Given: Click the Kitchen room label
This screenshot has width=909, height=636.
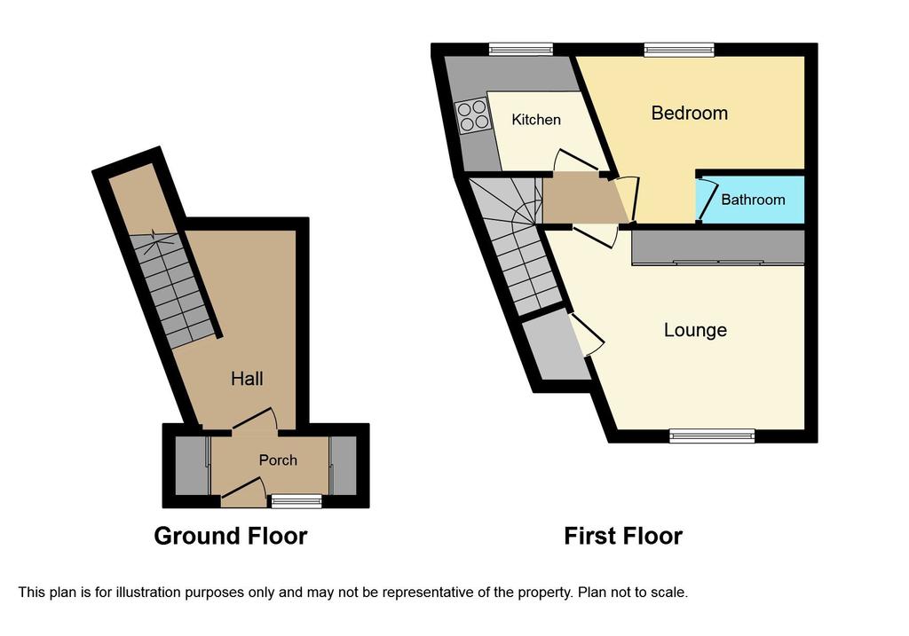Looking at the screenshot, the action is [x=536, y=120].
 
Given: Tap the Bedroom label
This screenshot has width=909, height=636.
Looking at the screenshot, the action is [x=689, y=113].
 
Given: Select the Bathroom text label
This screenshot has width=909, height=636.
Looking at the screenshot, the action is [x=753, y=200].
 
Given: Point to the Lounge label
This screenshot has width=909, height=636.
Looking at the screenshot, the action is [x=695, y=330].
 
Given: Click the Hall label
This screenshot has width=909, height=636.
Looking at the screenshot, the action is [x=247, y=379].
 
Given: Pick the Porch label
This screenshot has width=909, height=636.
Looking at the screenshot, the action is [x=278, y=460].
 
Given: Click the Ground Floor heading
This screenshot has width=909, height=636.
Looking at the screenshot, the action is [x=231, y=537].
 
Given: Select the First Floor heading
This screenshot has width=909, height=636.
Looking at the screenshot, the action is [x=623, y=537].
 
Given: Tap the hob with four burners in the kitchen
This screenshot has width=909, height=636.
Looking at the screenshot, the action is [x=471, y=115].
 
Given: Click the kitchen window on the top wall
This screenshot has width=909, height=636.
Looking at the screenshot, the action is [x=520, y=50].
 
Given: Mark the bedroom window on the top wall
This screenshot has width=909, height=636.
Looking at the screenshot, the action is [x=679, y=50].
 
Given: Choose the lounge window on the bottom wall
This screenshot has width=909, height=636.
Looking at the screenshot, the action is [x=713, y=436].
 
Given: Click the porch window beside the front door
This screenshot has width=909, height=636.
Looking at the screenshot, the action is [x=296, y=501].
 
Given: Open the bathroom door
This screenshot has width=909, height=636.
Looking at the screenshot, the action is [x=707, y=200].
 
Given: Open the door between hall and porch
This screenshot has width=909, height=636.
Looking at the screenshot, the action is [x=255, y=420].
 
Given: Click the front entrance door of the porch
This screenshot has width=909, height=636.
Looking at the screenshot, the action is [x=243, y=487].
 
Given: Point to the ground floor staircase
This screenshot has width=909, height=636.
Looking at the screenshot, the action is [x=173, y=290].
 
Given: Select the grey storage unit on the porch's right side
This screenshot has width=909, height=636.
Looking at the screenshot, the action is [x=343, y=465].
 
